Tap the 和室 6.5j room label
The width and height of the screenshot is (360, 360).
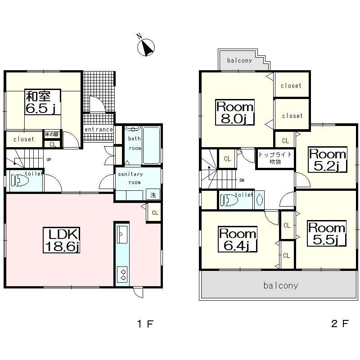click(x=43, y=103)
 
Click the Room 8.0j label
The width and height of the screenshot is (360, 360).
click(x=235, y=113)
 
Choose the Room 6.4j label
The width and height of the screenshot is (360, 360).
click(x=237, y=240)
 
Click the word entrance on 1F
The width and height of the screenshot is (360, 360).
click(x=99, y=130)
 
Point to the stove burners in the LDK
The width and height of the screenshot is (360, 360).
click(x=121, y=273)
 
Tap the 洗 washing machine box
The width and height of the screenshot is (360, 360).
click(x=153, y=195)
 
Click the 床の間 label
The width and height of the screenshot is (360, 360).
click(x=51, y=135)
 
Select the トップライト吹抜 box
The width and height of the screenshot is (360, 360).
click(x=275, y=158)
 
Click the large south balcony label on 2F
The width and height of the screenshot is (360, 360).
click(x=281, y=285)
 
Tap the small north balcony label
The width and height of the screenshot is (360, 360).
click(x=239, y=60)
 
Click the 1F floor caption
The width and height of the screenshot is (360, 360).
click(x=145, y=323)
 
